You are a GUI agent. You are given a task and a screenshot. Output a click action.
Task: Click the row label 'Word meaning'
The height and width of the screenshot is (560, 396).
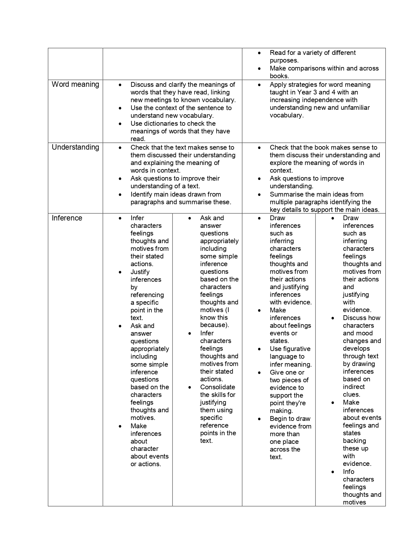coord(75,85)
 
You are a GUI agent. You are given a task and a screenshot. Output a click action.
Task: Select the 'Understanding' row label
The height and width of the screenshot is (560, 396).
coord(75,147)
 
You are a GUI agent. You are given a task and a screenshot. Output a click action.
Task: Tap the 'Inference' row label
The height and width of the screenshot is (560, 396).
coord(67,218)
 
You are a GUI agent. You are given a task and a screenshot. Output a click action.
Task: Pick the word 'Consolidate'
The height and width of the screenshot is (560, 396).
coord(217,387)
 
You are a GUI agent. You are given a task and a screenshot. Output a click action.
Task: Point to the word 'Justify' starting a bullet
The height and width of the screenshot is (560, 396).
coord(140,272)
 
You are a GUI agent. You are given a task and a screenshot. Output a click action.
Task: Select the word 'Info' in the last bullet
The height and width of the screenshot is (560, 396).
coord(348,472)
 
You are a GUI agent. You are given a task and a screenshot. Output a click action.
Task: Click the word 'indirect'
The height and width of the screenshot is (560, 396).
coord(354,387)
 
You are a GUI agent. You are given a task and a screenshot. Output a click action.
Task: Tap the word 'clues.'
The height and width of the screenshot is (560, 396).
coord(351,394)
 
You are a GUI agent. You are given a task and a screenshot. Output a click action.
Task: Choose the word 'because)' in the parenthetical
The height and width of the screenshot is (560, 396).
coord(214,325)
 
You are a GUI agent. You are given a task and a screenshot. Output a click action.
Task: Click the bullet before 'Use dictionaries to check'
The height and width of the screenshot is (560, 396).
coord(120,124)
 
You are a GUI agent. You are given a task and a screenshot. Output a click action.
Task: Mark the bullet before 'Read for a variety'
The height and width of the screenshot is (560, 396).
coord(259,53)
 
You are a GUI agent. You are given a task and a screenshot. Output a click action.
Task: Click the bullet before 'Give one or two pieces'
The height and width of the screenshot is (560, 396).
coord(259,373)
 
